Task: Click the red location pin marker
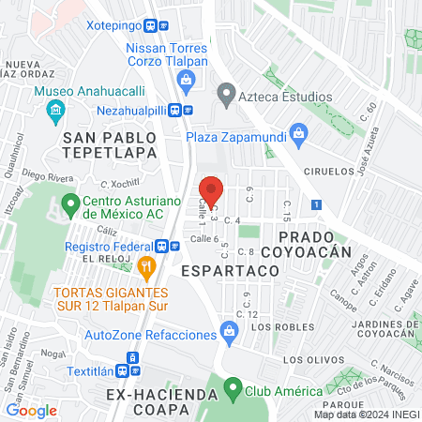212,191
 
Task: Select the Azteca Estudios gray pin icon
225,94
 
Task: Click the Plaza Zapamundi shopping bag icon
298,132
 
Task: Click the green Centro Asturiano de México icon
69,203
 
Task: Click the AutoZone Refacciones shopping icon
227,330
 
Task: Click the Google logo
31,410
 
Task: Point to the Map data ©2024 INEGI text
366,414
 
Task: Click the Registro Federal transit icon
164,246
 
